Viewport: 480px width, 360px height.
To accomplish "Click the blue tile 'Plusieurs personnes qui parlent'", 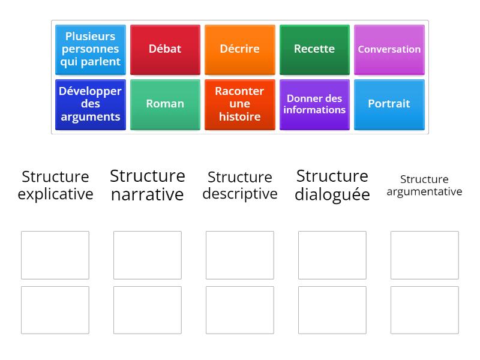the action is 91,49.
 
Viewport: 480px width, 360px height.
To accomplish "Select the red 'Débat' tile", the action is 165,49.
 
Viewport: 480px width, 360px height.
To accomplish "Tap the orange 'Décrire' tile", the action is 239,49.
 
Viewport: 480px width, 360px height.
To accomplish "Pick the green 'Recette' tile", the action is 314,49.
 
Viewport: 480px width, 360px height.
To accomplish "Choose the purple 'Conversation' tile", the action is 389,49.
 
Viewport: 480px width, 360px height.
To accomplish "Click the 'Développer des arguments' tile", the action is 91,104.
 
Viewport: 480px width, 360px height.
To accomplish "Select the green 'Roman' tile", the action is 165,104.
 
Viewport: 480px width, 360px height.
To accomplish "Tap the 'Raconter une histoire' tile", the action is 239,104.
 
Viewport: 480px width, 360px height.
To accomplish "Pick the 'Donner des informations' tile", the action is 314,104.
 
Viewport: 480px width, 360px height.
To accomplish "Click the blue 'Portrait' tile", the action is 389,104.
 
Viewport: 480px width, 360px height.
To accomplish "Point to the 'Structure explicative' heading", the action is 55,185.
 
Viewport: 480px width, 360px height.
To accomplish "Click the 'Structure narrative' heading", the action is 148,185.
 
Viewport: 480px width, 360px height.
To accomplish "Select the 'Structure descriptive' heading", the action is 240,185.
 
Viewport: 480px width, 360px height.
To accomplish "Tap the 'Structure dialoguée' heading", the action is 332,185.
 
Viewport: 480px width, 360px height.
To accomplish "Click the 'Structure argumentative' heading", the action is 424,185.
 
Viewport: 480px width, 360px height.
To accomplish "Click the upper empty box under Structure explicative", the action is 55,255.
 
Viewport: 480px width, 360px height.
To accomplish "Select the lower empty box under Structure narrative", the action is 148,310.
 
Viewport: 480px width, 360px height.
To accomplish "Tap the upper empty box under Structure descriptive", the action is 240,255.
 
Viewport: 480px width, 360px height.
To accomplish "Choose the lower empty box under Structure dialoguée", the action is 332,310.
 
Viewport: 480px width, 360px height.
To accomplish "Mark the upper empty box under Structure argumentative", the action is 424,255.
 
